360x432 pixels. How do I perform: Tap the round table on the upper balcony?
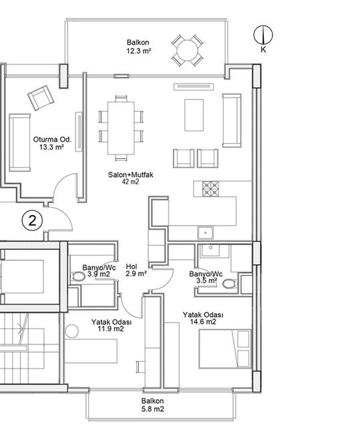pos(188,51)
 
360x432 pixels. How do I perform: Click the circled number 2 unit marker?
pos(32,220)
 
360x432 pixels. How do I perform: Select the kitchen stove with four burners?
pos(210,189)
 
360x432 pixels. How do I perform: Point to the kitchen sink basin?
pos(205,233)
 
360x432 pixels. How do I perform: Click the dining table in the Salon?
pos(121,128)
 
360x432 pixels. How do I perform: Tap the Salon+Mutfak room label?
pos(131,175)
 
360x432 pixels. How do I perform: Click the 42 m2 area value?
pos(130,182)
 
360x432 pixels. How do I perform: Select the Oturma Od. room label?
pos(52,140)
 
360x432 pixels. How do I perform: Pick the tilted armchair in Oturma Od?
pos(41,97)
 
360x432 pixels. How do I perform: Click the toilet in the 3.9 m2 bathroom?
pos(79,276)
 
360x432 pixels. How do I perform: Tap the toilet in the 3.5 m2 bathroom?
pos(230,284)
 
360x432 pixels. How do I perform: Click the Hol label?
pos(132,266)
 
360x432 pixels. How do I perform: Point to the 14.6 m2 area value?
pos(203,322)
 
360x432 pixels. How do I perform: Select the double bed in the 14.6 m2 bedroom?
pos(225,349)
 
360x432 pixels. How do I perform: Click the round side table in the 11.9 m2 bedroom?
pos(72,331)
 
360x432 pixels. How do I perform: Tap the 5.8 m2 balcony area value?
pos(153,409)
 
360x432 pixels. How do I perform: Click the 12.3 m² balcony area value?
pos(138,51)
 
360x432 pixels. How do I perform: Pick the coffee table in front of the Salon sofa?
pos(194,115)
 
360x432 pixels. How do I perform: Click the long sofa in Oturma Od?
pos(19,143)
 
